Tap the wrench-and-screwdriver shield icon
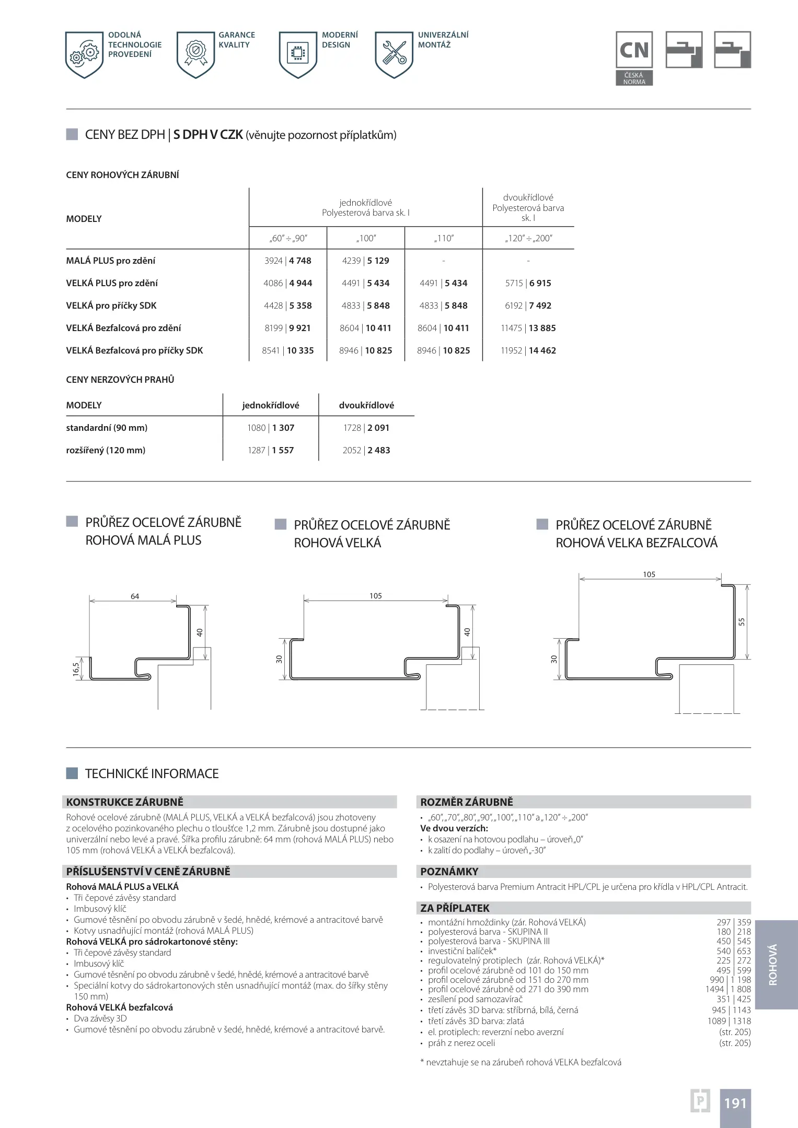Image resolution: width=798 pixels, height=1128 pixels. point(394,54)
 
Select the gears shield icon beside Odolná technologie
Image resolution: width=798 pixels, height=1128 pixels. point(84,54)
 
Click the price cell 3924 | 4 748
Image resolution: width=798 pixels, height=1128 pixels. point(287,261)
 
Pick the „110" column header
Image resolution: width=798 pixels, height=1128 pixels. point(444,238)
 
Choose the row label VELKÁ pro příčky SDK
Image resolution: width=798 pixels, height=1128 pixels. point(111,305)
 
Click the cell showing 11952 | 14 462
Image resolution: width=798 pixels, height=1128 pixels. point(528,350)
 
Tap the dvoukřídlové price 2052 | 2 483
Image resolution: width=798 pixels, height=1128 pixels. point(366,450)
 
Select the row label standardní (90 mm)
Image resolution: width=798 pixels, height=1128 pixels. point(107,428)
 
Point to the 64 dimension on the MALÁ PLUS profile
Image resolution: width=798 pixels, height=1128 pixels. point(135,596)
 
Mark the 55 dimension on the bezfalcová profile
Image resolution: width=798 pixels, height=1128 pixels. point(742,621)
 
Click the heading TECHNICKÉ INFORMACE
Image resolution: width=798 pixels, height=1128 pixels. point(152,773)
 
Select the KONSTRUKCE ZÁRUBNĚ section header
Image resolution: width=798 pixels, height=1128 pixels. point(125,802)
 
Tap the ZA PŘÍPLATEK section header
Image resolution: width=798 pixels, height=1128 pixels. point(455,908)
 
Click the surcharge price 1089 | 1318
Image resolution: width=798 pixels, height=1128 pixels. point(729,1021)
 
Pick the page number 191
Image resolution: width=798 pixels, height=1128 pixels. point(735,1103)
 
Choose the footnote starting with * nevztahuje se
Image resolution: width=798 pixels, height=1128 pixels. point(521,1062)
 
